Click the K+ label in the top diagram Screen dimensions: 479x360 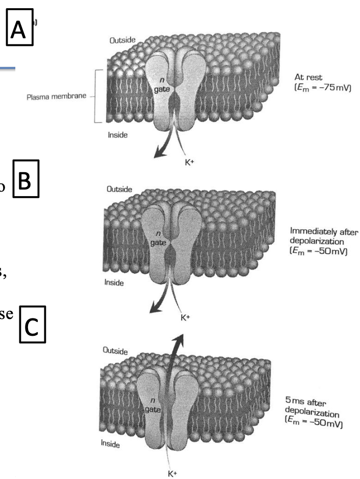click(187, 151)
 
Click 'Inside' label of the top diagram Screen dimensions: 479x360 click(117, 136)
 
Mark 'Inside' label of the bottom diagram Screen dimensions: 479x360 click(111, 444)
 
